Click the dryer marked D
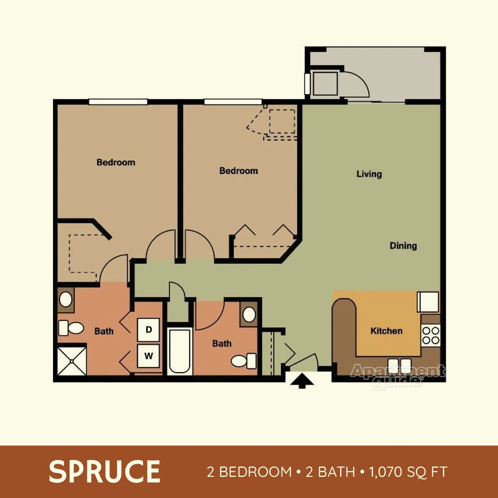148,329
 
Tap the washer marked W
148,355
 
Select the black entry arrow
302,380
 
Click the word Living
369,174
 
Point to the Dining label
403,246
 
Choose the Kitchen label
386,331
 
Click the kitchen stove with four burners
431,335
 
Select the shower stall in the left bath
72,361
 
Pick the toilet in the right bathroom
243,361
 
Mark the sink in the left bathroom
66,299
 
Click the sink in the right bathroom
249,314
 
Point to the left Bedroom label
116,163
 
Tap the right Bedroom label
239,171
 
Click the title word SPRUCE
104,472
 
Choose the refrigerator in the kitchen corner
428,302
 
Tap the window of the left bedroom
118,102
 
